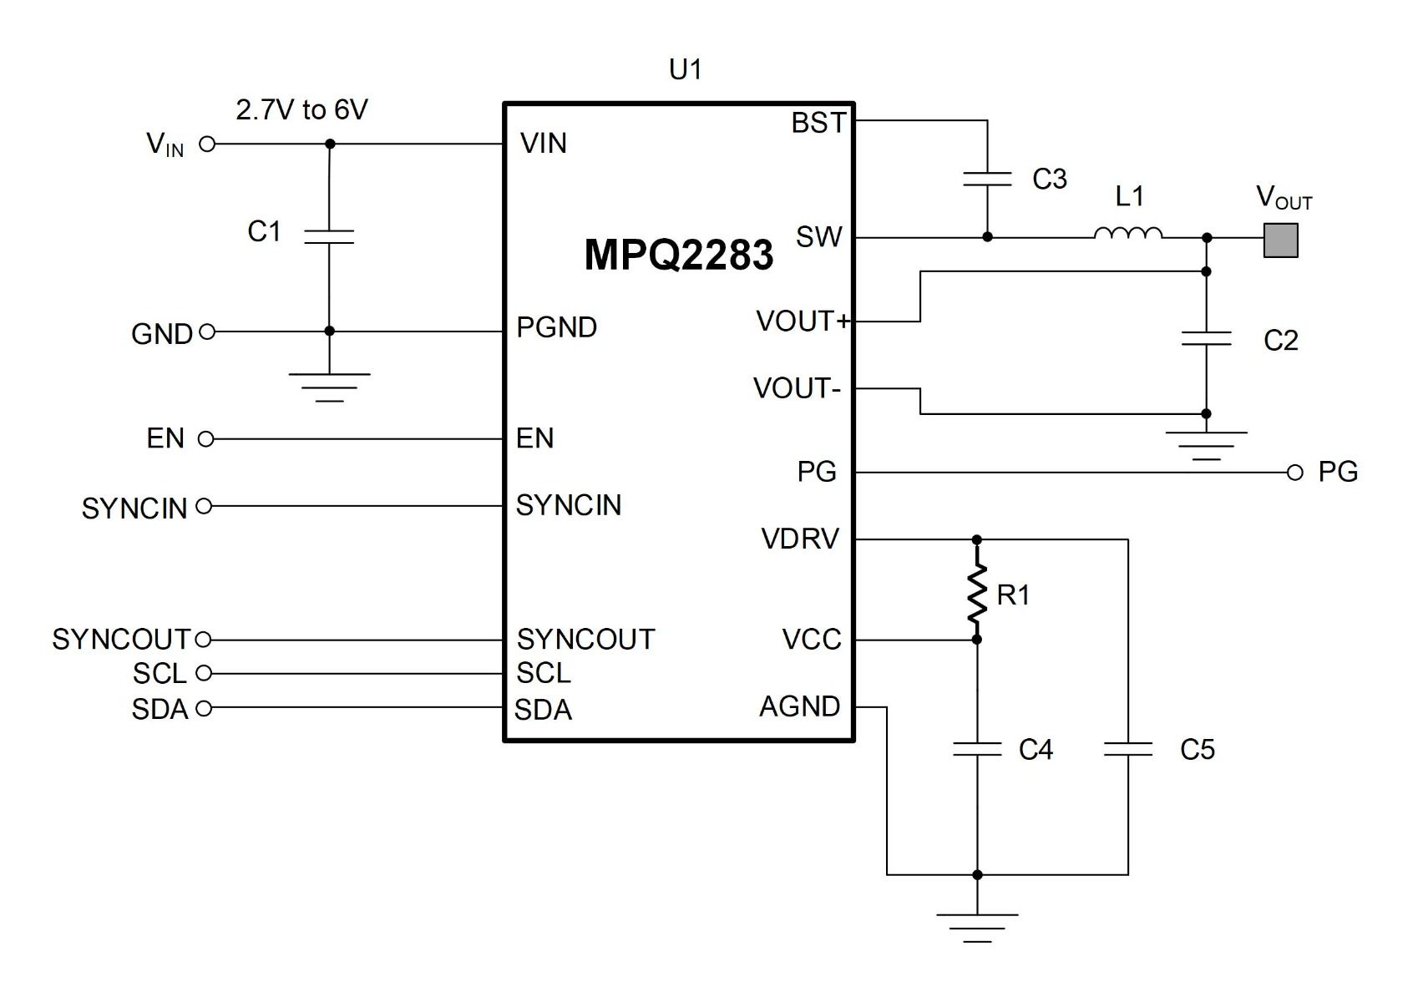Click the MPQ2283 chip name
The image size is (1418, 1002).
[x=679, y=255]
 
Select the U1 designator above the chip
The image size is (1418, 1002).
[x=685, y=69]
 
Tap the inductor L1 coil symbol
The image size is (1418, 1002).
[x=1127, y=233]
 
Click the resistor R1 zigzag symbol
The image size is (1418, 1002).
[x=977, y=593]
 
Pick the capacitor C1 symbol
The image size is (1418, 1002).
[x=329, y=237]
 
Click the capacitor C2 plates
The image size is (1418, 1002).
[x=1206, y=338]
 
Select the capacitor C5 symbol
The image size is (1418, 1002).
[x=1128, y=750]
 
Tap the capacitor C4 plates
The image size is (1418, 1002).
[x=977, y=750]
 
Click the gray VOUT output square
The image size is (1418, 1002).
[x=1281, y=240]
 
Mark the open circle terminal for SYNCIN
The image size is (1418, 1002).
[x=204, y=506]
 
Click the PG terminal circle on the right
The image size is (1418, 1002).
[x=1295, y=473]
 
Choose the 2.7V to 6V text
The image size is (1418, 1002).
[x=302, y=110]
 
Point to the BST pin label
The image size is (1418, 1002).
[x=818, y=123]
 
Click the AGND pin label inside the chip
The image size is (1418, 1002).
[x=799, y=706]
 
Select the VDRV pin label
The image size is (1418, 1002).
[x=800, y=539]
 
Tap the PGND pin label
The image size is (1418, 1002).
[x=556, y=327]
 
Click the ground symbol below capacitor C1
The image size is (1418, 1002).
[x=329, y=387]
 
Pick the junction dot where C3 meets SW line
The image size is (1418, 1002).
[x=987, y=237]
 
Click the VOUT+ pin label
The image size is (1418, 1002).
[x=802, y=321]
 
